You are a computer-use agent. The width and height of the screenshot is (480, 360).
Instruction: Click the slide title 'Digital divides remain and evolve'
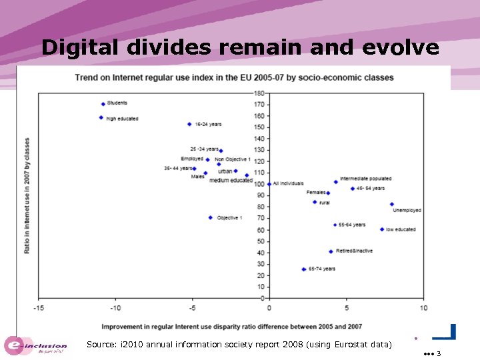point(240,48)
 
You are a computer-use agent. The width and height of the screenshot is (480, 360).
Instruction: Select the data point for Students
point(103,104)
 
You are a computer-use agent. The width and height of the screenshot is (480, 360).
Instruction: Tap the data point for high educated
point(101,118)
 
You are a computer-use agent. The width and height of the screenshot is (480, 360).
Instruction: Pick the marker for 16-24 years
point(189,124)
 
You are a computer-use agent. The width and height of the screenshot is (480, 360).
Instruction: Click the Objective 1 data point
point(210,218)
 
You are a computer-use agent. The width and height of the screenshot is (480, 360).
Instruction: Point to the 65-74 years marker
point(303,269)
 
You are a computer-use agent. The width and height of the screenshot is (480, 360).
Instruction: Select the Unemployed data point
point(392,204)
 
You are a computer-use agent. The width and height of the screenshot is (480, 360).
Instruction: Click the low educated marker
point(382,229)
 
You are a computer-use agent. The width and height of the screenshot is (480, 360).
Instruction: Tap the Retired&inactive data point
point(331,251)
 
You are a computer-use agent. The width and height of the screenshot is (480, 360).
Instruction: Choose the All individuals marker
point(269,184)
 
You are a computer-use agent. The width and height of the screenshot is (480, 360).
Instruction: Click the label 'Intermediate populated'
point(365,179)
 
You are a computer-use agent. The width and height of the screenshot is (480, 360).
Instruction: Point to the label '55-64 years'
point(352,225)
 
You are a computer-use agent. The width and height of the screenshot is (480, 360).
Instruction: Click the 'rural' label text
point(325,202)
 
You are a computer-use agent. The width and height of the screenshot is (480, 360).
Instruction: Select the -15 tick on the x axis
point(39,307)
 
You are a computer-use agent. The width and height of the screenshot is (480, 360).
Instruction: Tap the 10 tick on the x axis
point(423,307)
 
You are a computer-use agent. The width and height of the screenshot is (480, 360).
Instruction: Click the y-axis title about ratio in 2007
point(27,195)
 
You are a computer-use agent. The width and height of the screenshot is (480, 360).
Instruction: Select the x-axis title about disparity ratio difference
point(231,326)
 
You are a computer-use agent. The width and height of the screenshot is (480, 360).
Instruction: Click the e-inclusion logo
point(37,345)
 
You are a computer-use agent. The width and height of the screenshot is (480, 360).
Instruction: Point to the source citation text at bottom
point(239,345)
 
